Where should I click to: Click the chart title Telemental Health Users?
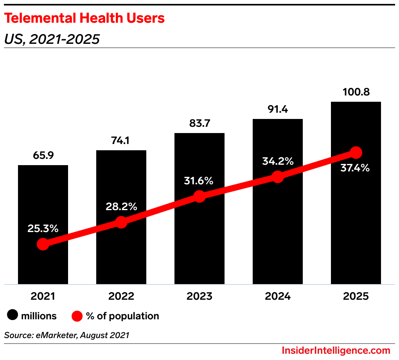coord(84,18)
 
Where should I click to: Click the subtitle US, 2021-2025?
coord(52,39)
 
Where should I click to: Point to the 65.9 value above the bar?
coord(43,155)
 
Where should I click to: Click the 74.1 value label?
coord(121,140)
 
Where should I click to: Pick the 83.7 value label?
coord(199,123)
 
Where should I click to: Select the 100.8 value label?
coord(356,92)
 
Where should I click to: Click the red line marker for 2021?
coord(43,245)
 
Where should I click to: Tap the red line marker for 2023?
coord(199,196)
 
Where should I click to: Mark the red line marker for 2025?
coord(356,152)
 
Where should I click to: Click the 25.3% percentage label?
coord(43,229)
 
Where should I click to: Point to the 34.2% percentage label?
coord(278,161)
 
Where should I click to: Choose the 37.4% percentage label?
coord(356,168)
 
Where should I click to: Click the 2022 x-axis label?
coord(121,296)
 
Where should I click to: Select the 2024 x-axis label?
coord(278,296)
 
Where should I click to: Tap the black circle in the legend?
coord(13,316)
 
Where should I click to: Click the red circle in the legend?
coord(77,316)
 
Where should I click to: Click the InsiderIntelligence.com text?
coord(336,350)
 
